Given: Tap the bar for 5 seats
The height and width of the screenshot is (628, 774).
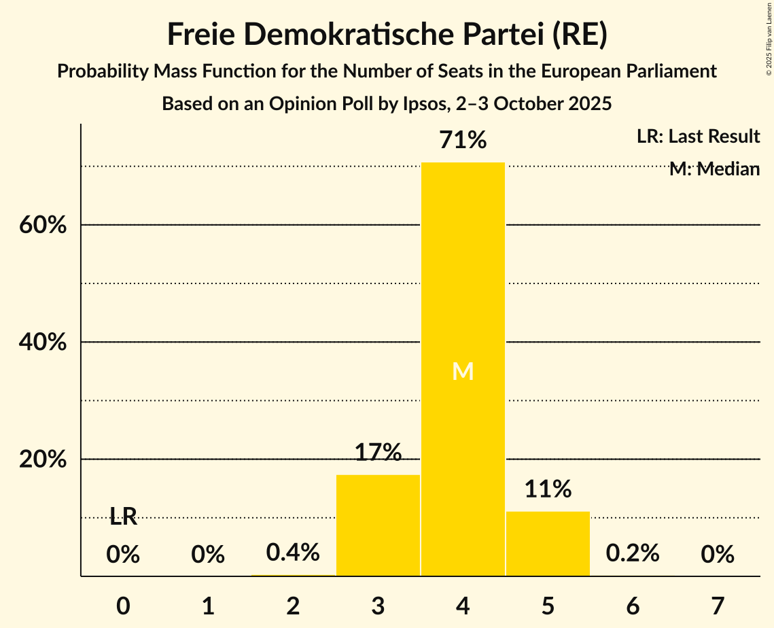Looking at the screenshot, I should (548, 543).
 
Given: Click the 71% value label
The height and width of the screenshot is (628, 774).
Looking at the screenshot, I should (463, 141).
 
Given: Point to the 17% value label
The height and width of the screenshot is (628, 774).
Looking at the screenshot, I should (378, 452).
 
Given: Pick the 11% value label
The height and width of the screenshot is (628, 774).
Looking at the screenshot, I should (548, 489).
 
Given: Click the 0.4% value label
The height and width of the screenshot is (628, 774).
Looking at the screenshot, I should (293, 553).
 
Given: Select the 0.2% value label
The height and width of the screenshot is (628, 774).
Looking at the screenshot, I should (633, 553).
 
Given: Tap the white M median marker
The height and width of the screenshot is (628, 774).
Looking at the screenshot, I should (463, 371).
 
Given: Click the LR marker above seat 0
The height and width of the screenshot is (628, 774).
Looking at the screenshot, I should (123, 517).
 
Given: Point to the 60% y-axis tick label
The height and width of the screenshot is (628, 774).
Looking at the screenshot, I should (43, 225).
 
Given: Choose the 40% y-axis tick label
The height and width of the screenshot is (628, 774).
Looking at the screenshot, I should (43, 343).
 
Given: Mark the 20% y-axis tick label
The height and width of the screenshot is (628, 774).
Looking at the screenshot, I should (43, 460).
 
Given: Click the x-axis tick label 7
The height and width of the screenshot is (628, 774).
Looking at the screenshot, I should (718, 606).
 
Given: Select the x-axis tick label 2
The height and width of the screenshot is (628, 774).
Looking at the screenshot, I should (293, 606).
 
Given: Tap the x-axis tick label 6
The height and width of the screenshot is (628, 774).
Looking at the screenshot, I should (633, 606).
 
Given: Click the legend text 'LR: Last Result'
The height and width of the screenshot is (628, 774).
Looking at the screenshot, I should (698, 137).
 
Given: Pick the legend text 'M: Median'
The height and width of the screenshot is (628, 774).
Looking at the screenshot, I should (714, 169).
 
